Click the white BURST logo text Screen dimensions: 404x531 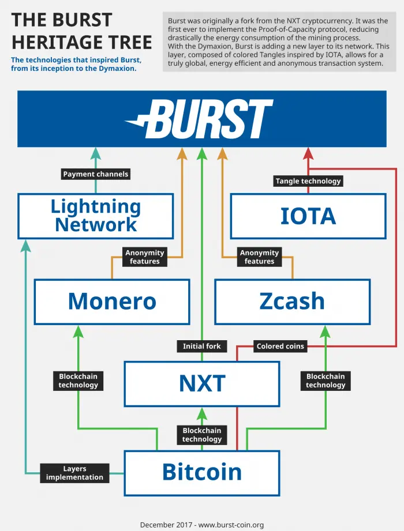(x=199, y=119)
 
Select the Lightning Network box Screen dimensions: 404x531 (x=96, y=216)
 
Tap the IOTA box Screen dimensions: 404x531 (x=308, y=216)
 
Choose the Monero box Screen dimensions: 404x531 (x=112, y=302)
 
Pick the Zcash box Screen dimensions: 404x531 (x=293, y=302)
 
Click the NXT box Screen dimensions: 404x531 (x=202, y=383)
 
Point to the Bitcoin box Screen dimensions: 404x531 (x=202, y=473)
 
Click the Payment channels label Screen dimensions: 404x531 (x=96, y=174)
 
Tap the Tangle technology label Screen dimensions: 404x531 (x=308, y=181)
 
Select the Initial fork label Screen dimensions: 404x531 (x=201, y=346)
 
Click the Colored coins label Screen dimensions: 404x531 (x=280, y=346)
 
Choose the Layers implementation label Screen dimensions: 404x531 (x=74, y=473)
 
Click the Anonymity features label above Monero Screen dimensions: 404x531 (x=145, y=257)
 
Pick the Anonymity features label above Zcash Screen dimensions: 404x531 (x=259, y=257)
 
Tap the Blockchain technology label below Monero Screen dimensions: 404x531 (x=78, y=381)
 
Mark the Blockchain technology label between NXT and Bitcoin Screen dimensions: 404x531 (x=202, y=435)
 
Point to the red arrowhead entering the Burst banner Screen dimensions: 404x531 (x=308, y=153)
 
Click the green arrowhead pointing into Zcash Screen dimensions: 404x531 (x=326, y=332)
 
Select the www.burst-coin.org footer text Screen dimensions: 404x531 (x=231, y=525)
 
